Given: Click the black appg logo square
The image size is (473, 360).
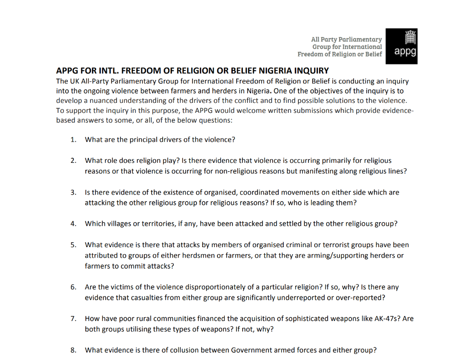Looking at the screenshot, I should point(402,46).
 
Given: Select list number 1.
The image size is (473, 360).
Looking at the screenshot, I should point(73,140).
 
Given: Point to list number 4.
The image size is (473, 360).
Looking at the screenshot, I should point(73,224).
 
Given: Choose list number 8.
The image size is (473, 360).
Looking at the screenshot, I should point(73,350).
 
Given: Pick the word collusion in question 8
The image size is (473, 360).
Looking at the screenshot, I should point(177,350).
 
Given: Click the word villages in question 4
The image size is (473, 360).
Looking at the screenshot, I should point(120,224).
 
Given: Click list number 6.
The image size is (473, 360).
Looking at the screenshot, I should point(73,287).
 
